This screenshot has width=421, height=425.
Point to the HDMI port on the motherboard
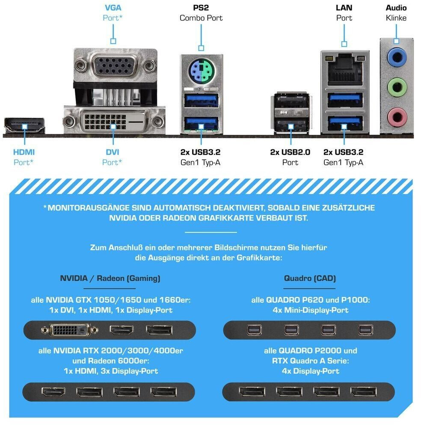(24, 125)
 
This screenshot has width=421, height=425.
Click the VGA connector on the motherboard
(116, 65)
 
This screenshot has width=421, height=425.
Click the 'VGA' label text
(113, 8)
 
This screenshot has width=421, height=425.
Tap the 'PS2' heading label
(201, 8)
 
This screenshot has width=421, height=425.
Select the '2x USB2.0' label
(290, 152)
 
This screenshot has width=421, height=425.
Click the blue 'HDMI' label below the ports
(24, 152)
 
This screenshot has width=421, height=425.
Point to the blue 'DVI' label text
(113, 152)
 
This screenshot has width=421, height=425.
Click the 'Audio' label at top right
(396, 8)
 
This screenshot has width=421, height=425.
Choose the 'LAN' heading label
(344, 8)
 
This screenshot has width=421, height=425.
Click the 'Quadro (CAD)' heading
(310, 278)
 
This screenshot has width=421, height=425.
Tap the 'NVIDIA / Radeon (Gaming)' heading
(110, 278)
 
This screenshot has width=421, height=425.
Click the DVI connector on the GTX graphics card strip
(70, 330)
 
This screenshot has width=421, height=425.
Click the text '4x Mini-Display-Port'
(311, 310)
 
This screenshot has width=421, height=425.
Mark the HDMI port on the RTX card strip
(53, 392)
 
